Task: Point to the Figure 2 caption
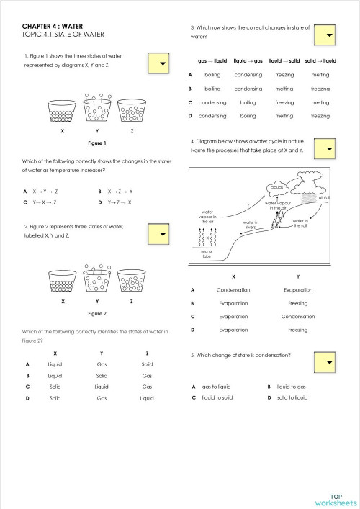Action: pos(96,314)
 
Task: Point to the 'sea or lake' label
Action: pos(207,253)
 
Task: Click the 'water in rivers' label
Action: pos(251,225)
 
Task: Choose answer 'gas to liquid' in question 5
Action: pos(216,386)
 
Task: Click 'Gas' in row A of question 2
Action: pos(102,364)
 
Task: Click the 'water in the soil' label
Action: pos(300,223)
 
